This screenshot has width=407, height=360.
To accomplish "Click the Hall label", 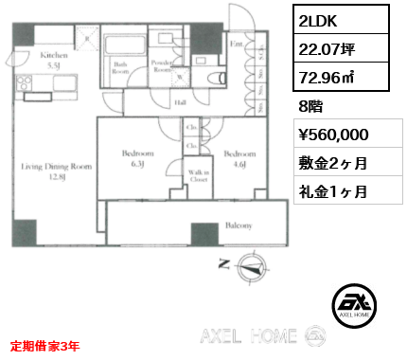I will pyautogui.click(x=179, y=104).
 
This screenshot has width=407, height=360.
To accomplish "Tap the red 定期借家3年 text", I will pyautogui.click(x=45, y=346).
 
